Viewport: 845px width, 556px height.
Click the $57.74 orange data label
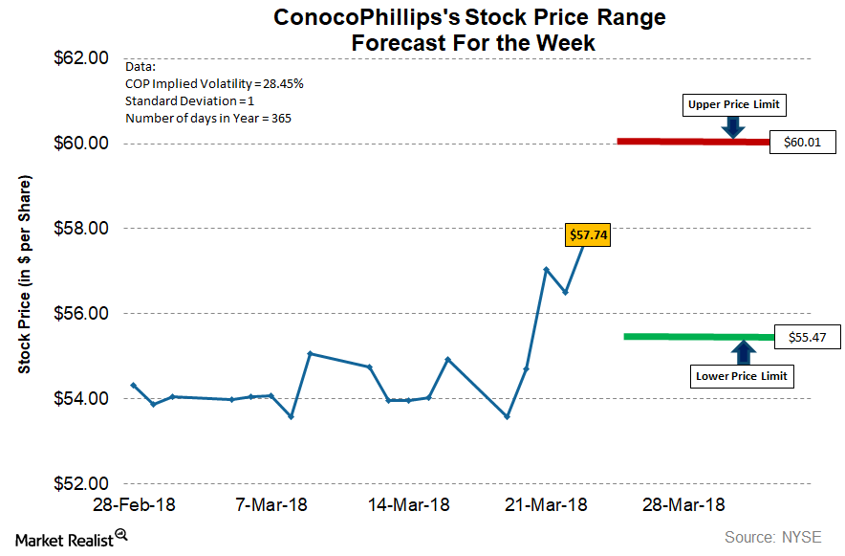pos(586,234)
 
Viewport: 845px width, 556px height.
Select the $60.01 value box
pos(803,143)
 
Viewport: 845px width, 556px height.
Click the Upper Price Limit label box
pos(733,103)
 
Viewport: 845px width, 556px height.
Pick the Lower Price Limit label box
pos(743,376)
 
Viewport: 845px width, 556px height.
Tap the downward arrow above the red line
pos(733,126)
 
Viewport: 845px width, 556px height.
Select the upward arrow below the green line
pos(743,352)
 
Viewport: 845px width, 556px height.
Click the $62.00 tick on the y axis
pos(80,57)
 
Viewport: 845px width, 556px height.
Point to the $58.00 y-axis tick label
pos(80,228)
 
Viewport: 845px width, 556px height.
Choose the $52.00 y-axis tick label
pos(80,483)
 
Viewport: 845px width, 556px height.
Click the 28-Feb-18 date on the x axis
pos(134,504)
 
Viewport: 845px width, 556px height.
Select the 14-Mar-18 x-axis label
pos(409,504)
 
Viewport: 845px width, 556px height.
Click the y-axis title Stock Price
pos(26,275)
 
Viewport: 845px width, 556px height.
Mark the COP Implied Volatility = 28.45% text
pos(215,84)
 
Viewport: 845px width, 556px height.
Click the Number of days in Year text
pos(208,119)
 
